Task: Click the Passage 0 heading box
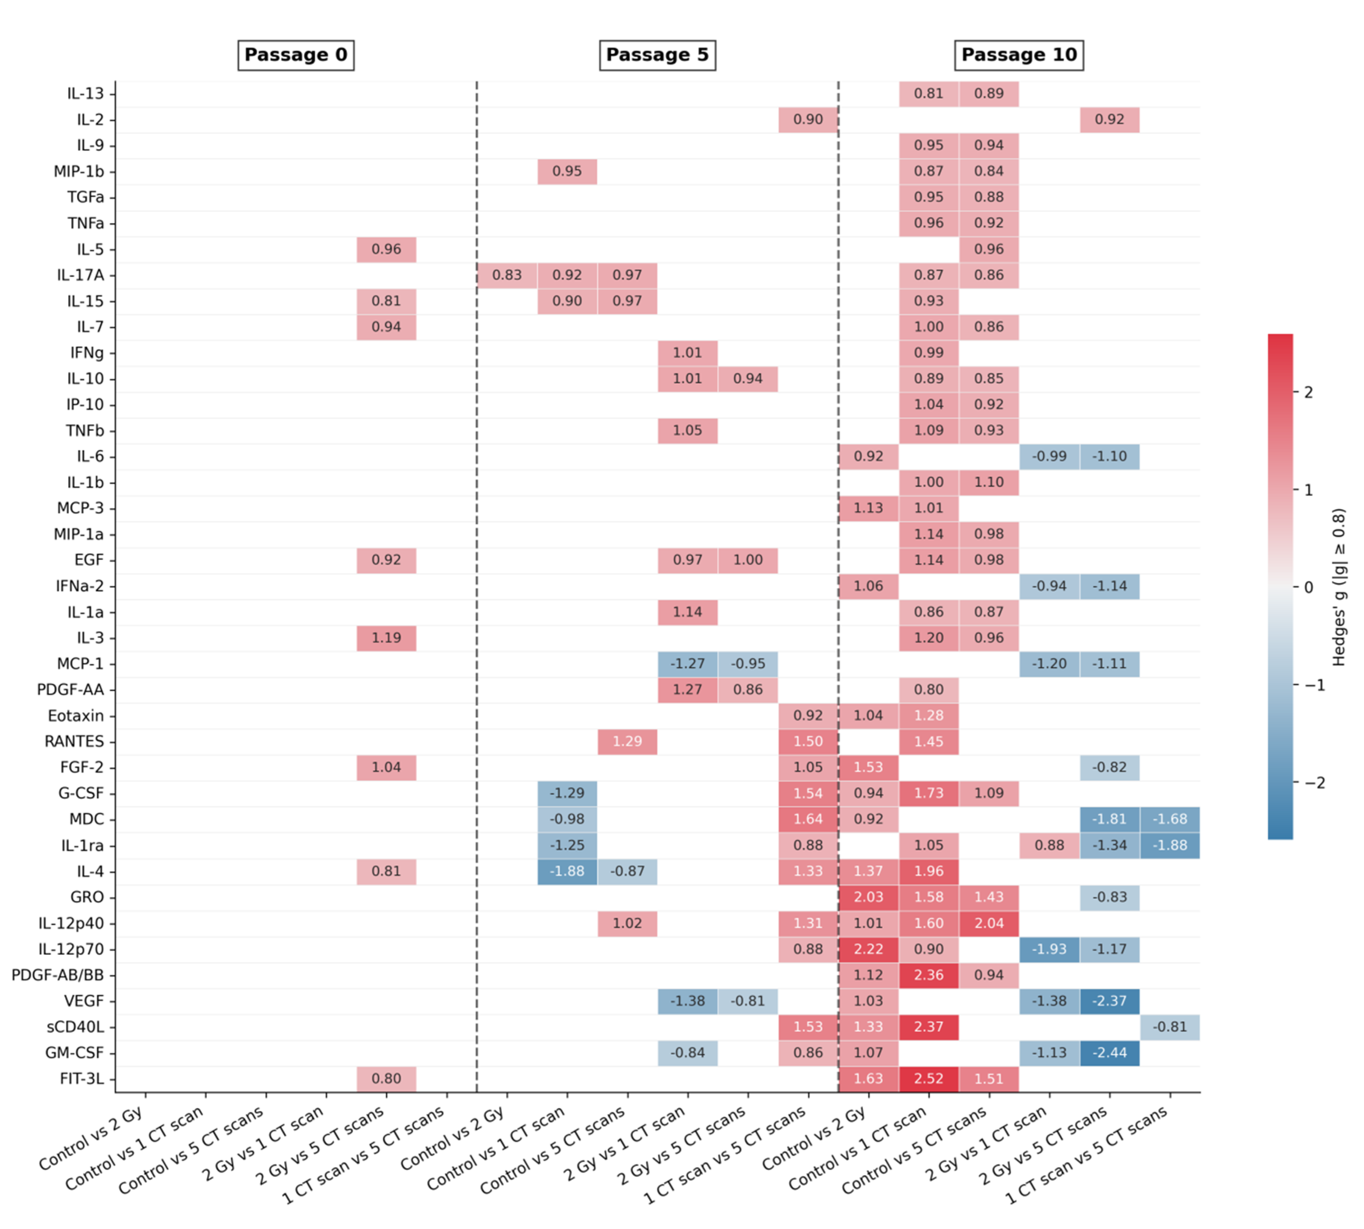[x=296, y=55]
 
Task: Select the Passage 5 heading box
[x=657, y=55]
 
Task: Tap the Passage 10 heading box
[x=1018, y=55]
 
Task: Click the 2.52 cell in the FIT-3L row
[x=928, y=1078]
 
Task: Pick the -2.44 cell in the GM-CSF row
[x=1109, y=1053]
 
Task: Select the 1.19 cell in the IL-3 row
[x=386, y=637]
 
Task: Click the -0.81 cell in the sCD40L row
[x=1169, y=1026]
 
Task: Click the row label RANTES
[x=74, y=741]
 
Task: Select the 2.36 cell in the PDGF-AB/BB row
[x=928, y=975]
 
